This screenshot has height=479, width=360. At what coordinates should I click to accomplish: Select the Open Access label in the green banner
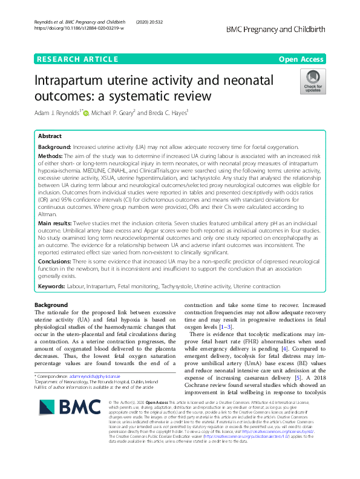pos(302,59)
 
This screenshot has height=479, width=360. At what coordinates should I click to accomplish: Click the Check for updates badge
pos(314,81)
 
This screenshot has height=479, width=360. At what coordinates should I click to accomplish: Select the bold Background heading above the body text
pos(51,305)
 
